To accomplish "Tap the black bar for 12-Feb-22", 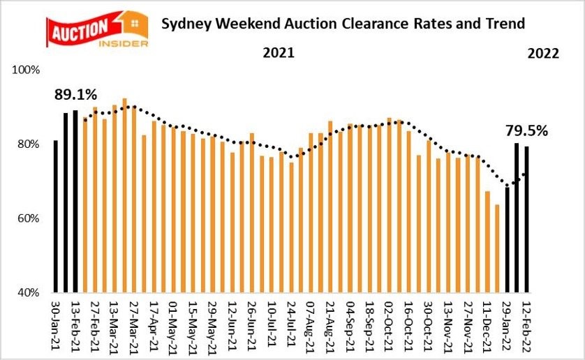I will click(x=526, y=218).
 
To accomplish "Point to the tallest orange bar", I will click(x=124, y=195).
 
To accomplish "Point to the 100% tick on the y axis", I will click(x=27, y=70).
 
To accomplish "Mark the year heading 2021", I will click(x=278, y=53).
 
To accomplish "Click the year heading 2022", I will click(x=543, y=53).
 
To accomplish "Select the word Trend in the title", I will click(x=505, y=24).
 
